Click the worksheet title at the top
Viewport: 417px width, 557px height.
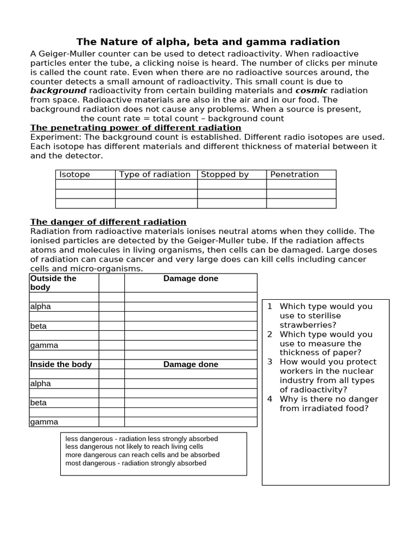tap(208, 42)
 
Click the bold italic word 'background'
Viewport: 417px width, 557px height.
tap(58, 90)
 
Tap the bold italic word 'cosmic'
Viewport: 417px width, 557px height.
tap(311, 90)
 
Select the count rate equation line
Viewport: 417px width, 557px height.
tap(182, 118)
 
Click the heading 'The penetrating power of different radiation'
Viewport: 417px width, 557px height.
tap(136, 128)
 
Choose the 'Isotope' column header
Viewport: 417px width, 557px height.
tap(74, 175)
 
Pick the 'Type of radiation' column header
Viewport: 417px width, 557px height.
tap(155, 175)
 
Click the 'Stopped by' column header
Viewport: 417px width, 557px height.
tap(225, 175)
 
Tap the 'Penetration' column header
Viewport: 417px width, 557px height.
tap(294, 175)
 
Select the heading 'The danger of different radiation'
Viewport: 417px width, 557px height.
tap(108, 222)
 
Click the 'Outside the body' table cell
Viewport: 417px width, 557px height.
tap(53, 283)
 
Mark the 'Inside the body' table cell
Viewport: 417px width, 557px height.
tap(61, 364)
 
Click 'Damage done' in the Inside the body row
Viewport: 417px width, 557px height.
tap(191, 364)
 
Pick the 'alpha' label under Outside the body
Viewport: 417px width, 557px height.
tap(41, 306)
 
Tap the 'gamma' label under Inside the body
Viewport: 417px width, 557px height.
tap(44, 422)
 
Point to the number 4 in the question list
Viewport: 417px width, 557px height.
tap(269, 399)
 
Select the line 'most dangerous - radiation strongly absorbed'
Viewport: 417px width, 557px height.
tap(136, 463)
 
